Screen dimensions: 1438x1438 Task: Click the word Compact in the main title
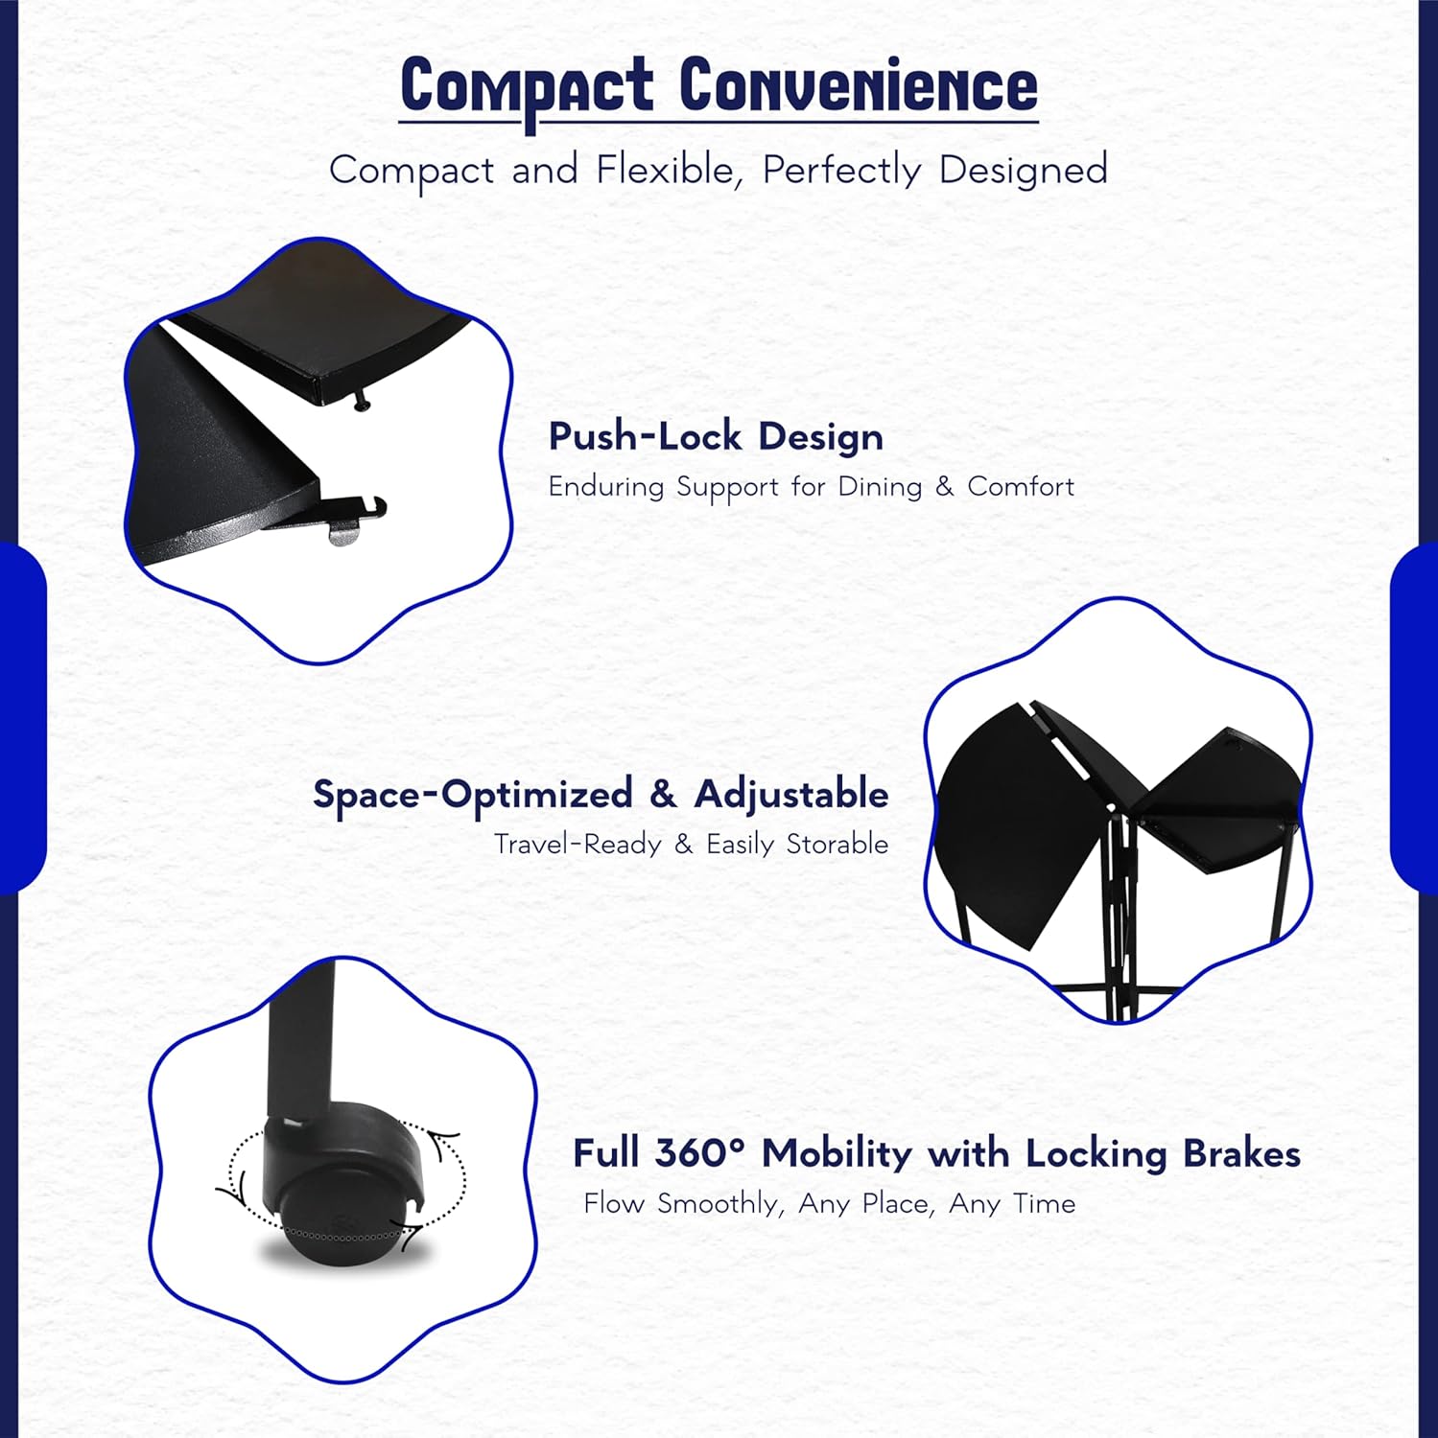point(527,86)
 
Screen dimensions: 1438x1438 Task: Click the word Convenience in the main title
point(859,86)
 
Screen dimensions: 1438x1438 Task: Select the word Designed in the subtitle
point(1023,171)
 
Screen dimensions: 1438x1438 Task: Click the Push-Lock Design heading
point(716,437)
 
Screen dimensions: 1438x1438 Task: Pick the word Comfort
point(1021,487)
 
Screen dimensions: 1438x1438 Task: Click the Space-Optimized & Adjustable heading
point(601,795)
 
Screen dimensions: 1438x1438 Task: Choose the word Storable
point(837,845)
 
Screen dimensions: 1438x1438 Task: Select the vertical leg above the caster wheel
point(299,1045)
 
